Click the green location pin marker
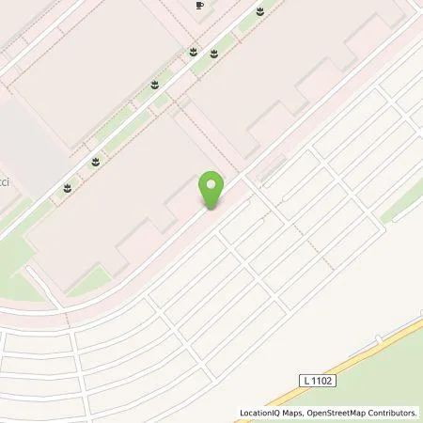pyautogui.click(x=213, y=190)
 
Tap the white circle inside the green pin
pyautogui.click(x=213, y=183)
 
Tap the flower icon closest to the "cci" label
pyautogui.click(x=68, y=188)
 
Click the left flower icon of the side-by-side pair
pyautogui.click(x=193, y=53)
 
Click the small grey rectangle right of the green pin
pyautogui.click(x=269, y=170)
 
